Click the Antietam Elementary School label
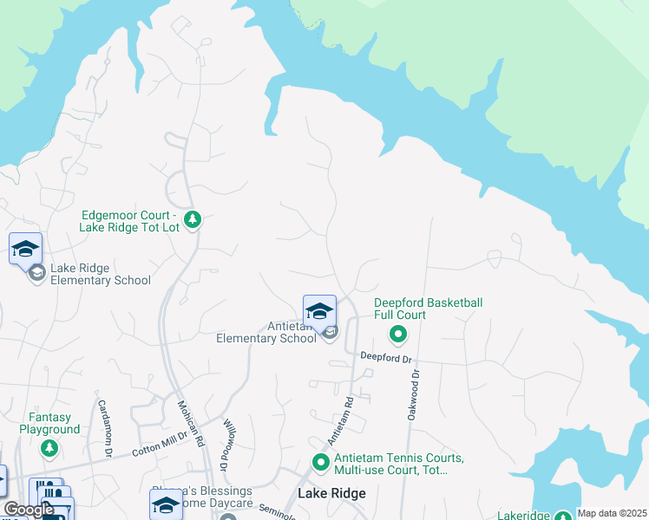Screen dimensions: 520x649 pyautogui.click(x=265, y=333)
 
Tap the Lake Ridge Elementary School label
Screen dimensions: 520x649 pyautogui.click(x=100, y=275)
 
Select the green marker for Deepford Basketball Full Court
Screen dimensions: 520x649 pyautogui.click(x=398, y=333)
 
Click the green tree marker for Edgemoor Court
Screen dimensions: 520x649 pyautogui.click(x=193, y=220)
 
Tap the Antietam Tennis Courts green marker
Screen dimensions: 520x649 pyautogui.click(x=320, y=464)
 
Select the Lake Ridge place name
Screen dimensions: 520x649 pyautogui.click(x=331, y=493)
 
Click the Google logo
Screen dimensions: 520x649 pyautogui.click(x=29, y=510)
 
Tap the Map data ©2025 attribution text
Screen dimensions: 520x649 pyautogui.click(x=613, y=513)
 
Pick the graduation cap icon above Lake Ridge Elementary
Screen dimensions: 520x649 pyautogui.click(x=25, y=249)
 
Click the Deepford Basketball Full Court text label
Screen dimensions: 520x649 pyautogui.click(x=428, y=309)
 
